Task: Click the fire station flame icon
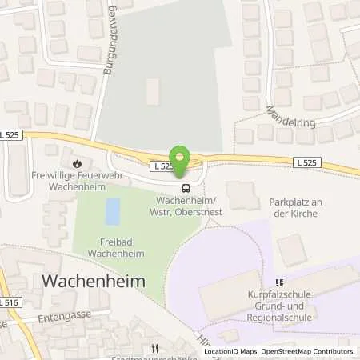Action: pos(76,159)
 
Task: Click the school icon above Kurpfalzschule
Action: pos(280,282)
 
